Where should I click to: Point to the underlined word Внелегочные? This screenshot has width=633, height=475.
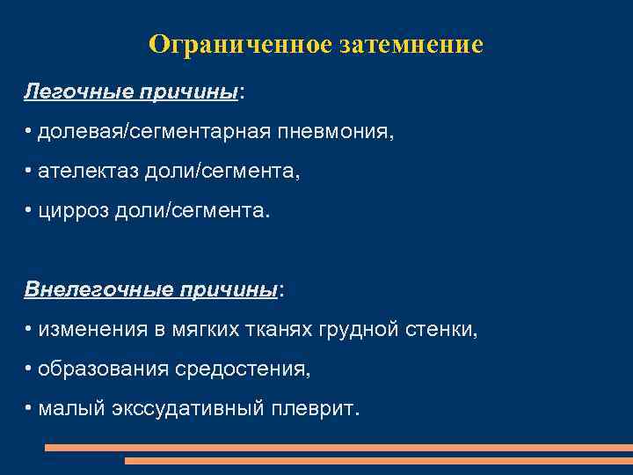point(84,289)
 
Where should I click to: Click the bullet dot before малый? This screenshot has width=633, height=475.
point(29,407)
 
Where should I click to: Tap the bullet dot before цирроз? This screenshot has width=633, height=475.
point(29,210)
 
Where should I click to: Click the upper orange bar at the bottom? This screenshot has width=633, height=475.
point(338,448)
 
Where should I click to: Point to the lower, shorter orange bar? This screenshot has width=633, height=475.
point(378,460)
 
